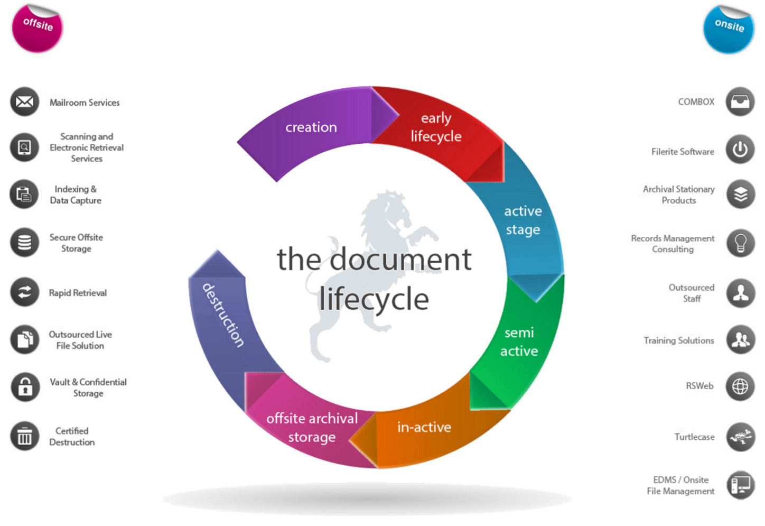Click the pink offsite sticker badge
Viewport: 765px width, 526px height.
(x=37, y=29)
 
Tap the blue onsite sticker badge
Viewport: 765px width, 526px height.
(x=729, y=30)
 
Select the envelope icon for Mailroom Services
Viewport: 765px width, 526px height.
(x=25, y=101)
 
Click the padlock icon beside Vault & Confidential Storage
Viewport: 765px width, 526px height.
(x=25, y=387)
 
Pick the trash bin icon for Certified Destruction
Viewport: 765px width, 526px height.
(x=25, y=436)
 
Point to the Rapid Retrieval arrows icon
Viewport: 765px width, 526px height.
(x=25, y=292)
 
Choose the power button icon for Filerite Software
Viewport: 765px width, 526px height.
(x=740, y=150)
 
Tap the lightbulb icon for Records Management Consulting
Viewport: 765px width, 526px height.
(x=741, y=243)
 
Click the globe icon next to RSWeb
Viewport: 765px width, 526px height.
(x=740, y=386)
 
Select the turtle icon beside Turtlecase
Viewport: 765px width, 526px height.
(x=741, y=437)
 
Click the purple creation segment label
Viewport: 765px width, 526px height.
(x=311, y=127)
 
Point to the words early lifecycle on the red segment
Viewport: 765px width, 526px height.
(x=436, y=127)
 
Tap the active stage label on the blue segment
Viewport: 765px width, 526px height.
(x=523, y=220)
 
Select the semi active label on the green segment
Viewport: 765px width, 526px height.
(x=519, y=342)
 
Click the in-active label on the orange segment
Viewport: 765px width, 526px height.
(x=424, y=427)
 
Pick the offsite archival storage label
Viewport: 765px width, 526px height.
(x=312, y=428)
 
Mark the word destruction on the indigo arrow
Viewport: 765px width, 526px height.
(x=223, y=315)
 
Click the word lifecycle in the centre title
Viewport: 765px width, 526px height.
(x=374, y=299)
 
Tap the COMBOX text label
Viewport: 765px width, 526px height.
(x=696, y=101)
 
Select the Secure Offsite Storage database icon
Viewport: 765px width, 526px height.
(x=25, y=243)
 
